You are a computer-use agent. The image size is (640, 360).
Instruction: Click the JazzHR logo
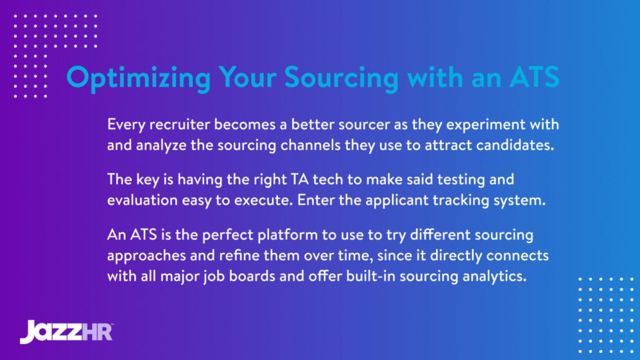[66, 330]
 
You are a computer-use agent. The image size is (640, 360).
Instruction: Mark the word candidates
[514, 144]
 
